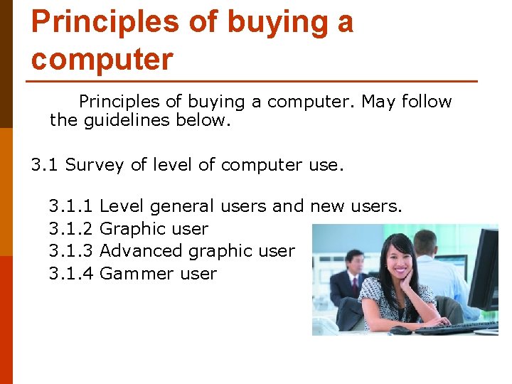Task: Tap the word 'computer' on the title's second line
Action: [x=102, y=59]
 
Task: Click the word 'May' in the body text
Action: [x=378, y=102]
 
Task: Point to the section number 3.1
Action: [x=45, y=165]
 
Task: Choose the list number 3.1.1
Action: [x=71, y=206]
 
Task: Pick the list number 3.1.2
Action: [x=71, y=229]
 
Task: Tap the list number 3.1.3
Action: [x=71, y=251]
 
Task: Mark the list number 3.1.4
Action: [x=71, y=274]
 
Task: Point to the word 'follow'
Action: [x=427, y=102]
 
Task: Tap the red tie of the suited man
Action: [x=353, y=285]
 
